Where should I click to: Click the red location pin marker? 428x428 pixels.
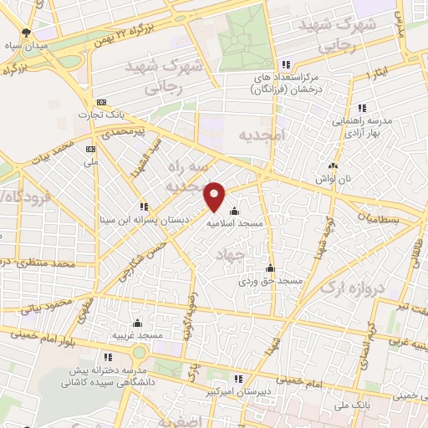pyautogui.click(x=215, y=196)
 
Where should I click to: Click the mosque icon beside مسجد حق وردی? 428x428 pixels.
pyautogui.click(x=269, y=268)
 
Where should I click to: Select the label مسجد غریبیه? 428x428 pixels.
pyautogui.click(x=138, y=335)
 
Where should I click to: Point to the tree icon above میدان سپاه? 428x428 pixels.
pyautogui.click(x=27, y=33)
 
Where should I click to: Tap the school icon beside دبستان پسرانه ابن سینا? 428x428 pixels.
pyautogui.click(x=144, y=206)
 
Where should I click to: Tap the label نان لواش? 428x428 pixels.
pyautogui.click(x=334, y=178)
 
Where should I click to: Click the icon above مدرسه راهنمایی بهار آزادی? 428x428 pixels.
pyautogui.click(x=361, y=108)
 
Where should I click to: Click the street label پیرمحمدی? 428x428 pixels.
pyautogui.click(x=122, y=131)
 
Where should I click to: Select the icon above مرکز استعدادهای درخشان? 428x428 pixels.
pyautogui.click(x=286, y=65)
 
